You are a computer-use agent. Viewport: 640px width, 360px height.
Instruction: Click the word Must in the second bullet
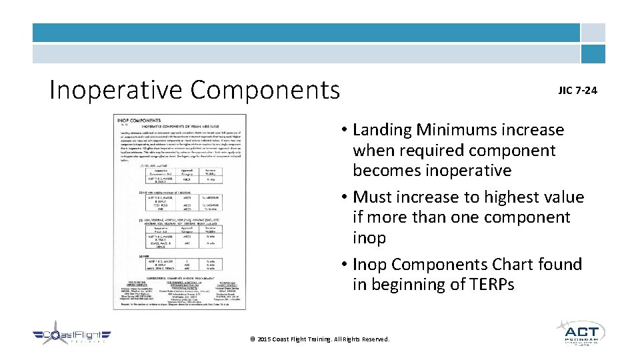(373, 197)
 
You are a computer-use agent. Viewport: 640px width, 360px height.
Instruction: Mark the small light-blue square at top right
(593, 33)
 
